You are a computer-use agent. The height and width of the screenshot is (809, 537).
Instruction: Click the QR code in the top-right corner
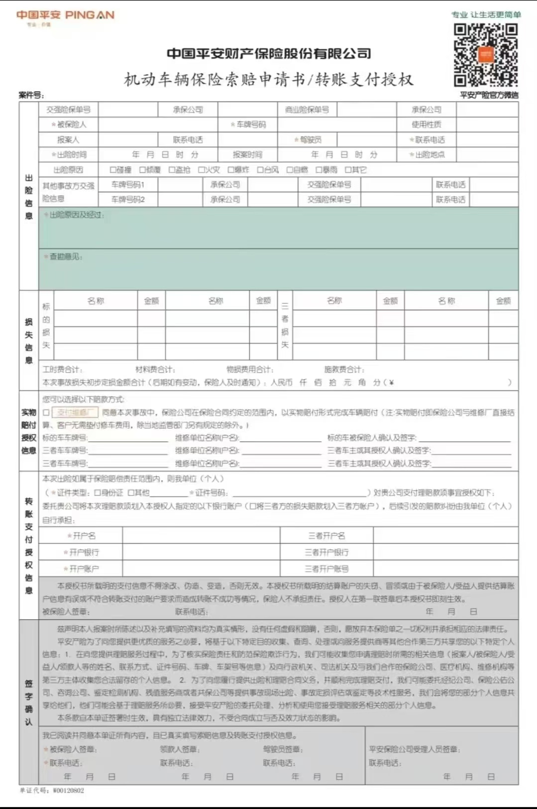tap(485, 55)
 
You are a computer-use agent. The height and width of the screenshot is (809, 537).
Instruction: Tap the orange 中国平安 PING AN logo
tap(65, 15)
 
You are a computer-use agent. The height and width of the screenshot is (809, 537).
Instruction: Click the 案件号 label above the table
tap(31, 95)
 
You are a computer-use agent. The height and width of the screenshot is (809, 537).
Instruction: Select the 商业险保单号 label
tap(307, 110)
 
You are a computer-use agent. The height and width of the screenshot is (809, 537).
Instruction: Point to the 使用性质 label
tap(426, 125)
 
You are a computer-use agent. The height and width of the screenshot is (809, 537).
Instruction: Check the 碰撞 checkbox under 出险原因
tap(113, 170)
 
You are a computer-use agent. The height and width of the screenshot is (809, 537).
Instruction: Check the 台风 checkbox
tap(260, 170)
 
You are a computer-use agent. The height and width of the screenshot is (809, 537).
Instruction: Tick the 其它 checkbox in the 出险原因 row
tap(348, 170)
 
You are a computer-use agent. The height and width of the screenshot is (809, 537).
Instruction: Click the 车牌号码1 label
tap(128, 185)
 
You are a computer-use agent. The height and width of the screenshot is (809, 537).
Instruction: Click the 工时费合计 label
tap(62, 370)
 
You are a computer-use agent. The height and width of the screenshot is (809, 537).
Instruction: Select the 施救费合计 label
tap(344, 370)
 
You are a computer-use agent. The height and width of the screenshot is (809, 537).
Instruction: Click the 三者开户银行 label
tap(326, 552)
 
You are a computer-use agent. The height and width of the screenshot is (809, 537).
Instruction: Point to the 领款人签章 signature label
tap(180, 749)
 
